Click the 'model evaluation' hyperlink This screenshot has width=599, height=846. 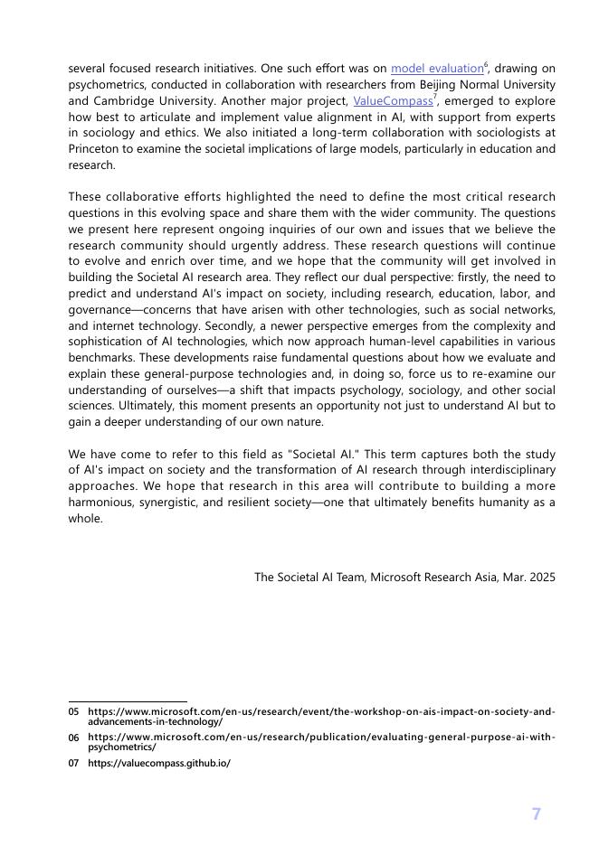(437, 69)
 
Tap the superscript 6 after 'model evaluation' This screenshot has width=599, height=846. (487, 65)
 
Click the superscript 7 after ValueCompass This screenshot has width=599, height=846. (435, 98)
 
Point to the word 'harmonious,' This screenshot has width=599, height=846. (101, 503)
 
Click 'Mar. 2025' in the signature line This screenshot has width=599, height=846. (528, 577)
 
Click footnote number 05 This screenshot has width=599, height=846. (74, 712)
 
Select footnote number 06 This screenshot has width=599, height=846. (74, 738)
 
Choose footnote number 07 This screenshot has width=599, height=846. (74, 763)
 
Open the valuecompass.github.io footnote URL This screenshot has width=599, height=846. (158, 763)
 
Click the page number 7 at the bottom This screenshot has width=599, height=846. (536, 814)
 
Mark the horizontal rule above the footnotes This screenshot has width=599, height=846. (128, 701)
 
